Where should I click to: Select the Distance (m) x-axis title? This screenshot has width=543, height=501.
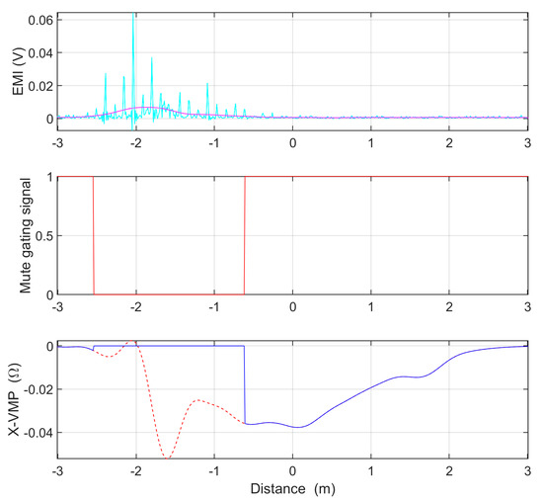[293, 489]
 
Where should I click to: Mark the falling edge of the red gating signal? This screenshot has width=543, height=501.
[94, 235]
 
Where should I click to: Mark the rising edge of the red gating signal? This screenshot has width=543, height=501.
[244, 235]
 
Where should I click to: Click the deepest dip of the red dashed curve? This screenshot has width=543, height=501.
[168, 458]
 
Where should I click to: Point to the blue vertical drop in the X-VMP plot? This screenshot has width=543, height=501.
[245, 385]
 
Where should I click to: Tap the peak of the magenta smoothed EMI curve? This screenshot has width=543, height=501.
[144, 107]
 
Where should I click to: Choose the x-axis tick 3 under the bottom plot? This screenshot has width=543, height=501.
[526, 472]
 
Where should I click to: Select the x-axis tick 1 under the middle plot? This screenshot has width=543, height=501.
[371, 305]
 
